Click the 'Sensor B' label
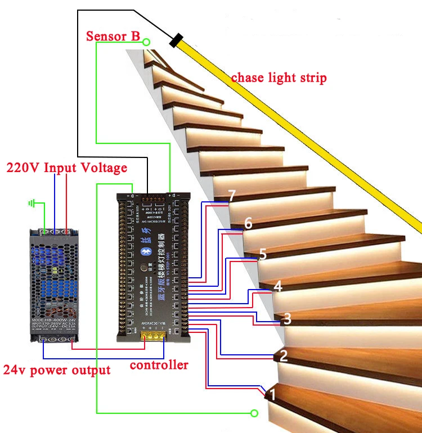tap(113, 37)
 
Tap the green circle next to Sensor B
tap(146, 42)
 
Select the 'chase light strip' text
tap(279, 78)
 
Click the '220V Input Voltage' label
tap(66, 168)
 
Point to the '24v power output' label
tap(57, 370)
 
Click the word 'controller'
tap(159, 365)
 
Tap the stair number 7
tap(232, 196)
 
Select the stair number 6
tap(248, 224)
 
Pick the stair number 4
tap(277, 286)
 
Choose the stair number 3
tap(287, 319)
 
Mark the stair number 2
tap(284, 355)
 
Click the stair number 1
tap(273, 394)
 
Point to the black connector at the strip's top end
tap(177, 40)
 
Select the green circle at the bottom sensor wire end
tap(254, 413)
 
